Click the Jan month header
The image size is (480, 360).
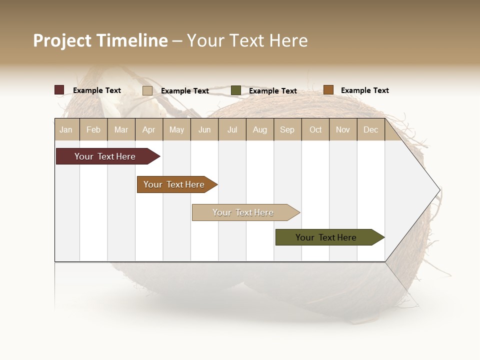(66, 129)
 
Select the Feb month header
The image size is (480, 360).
(93, 129)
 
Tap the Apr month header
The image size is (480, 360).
(148, 129)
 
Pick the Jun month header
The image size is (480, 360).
(204, 129)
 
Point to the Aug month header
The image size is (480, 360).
(259, 129)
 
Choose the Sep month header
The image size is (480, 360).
(287, 129)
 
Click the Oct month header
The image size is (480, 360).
(315, 129)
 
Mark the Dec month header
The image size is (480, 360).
(370, 129)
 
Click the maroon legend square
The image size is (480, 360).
(59, 90)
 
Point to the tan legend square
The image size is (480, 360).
(147, 90)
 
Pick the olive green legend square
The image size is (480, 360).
(236, 90)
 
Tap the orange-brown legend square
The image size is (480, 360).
(328, 90)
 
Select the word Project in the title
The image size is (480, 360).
(62, 40)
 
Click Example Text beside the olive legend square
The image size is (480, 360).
(272, 91)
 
